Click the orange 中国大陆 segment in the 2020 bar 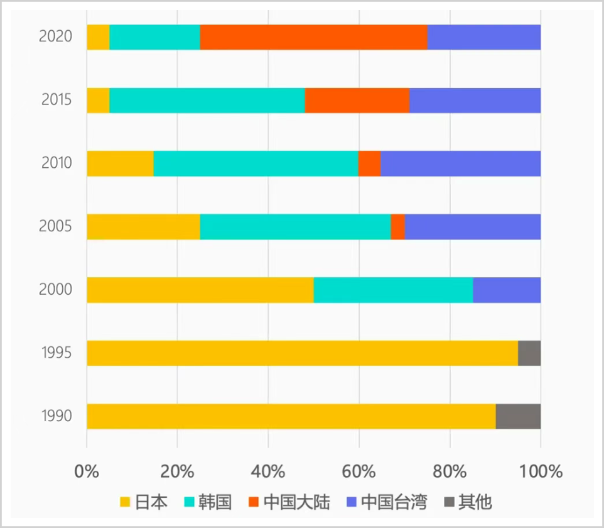pyautogui.click(x=313, y=37)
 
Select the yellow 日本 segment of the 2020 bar pyautogui.click(x=98, y=37)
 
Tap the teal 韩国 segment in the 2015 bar pyautogui.click(x=207, y=101)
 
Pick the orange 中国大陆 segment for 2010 pyautogui.click(x=369, y=163)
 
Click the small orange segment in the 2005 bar pyautogui.click(x=397, y=227)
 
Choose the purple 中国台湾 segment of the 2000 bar pyautogui.click(x=507, y=290)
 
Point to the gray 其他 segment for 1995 pyautogui.click(x=529, y=353)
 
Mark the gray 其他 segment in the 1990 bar pyautogui.click(x=518, y=416)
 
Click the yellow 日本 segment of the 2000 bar pyautogui.click(x=200, y=290)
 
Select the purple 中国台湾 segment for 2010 pyautogui.click(x=460, y=163)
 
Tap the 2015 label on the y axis pyautogui.click(x=57, y=100)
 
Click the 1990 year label pyautogui.click(x=57, y=416)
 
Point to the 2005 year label pyautogui.click(x=55, y=226)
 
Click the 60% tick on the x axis pyautogui.click(x=359, y=471)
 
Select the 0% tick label pyautogui.click(x=87, y=471)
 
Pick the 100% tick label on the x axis pyautogui.click(x=541, y=471)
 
